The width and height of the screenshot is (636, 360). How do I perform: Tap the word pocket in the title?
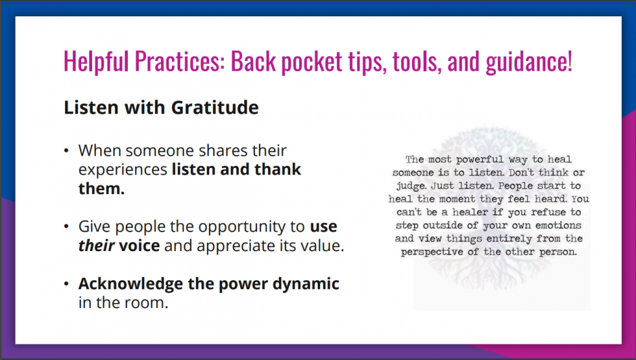pos(311,62)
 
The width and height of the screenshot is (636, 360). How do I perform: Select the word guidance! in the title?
pos(529,62)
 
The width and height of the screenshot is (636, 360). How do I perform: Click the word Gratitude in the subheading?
pos(214,108)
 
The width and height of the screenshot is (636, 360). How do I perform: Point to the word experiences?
pos(122,170)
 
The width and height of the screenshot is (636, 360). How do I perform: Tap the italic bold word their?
pos(97,246)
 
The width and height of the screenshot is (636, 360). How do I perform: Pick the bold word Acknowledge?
pos(131,284)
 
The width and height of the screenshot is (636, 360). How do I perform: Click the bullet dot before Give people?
pos(66,227)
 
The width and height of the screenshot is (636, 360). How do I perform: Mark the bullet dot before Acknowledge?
pos(66,284)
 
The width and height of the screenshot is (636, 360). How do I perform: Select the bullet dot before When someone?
pos(66,151)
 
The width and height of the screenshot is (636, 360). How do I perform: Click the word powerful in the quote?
pos(480,160)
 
